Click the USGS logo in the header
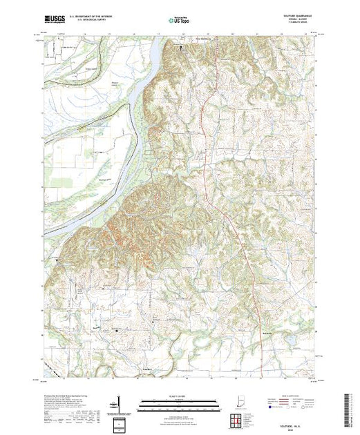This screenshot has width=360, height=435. coord(54,15)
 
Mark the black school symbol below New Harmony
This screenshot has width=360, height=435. coord(183,49)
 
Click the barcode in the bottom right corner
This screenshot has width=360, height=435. coord(349,407)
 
